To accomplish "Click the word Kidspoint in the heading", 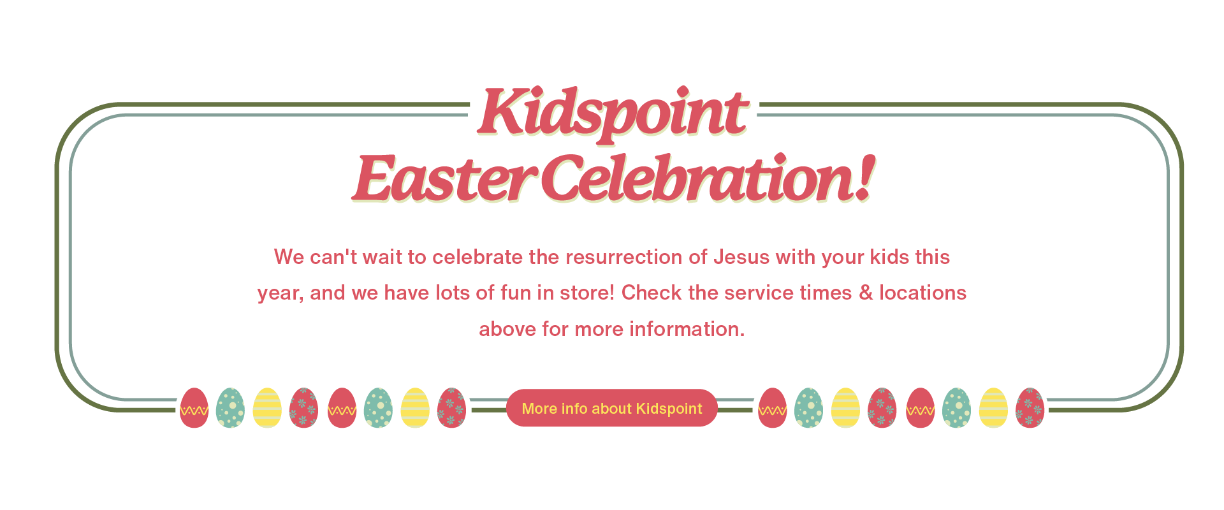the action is pyautogui.click(x=613, y=113).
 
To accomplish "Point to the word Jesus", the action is pyautogui.click(x=741, y=257).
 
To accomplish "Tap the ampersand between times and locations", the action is pyautogui.click(x=866, y=293).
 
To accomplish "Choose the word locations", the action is pyautogui.click(x=923, y=293).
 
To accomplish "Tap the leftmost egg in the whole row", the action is pyautogui.click(x=194, y=408).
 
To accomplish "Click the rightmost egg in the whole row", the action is pyautogui.click(x=1030, y=408).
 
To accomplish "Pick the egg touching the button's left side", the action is pyautogui.click(x=452, y=408).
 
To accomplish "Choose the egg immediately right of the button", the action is pyautogui.click(x=773, y=408).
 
